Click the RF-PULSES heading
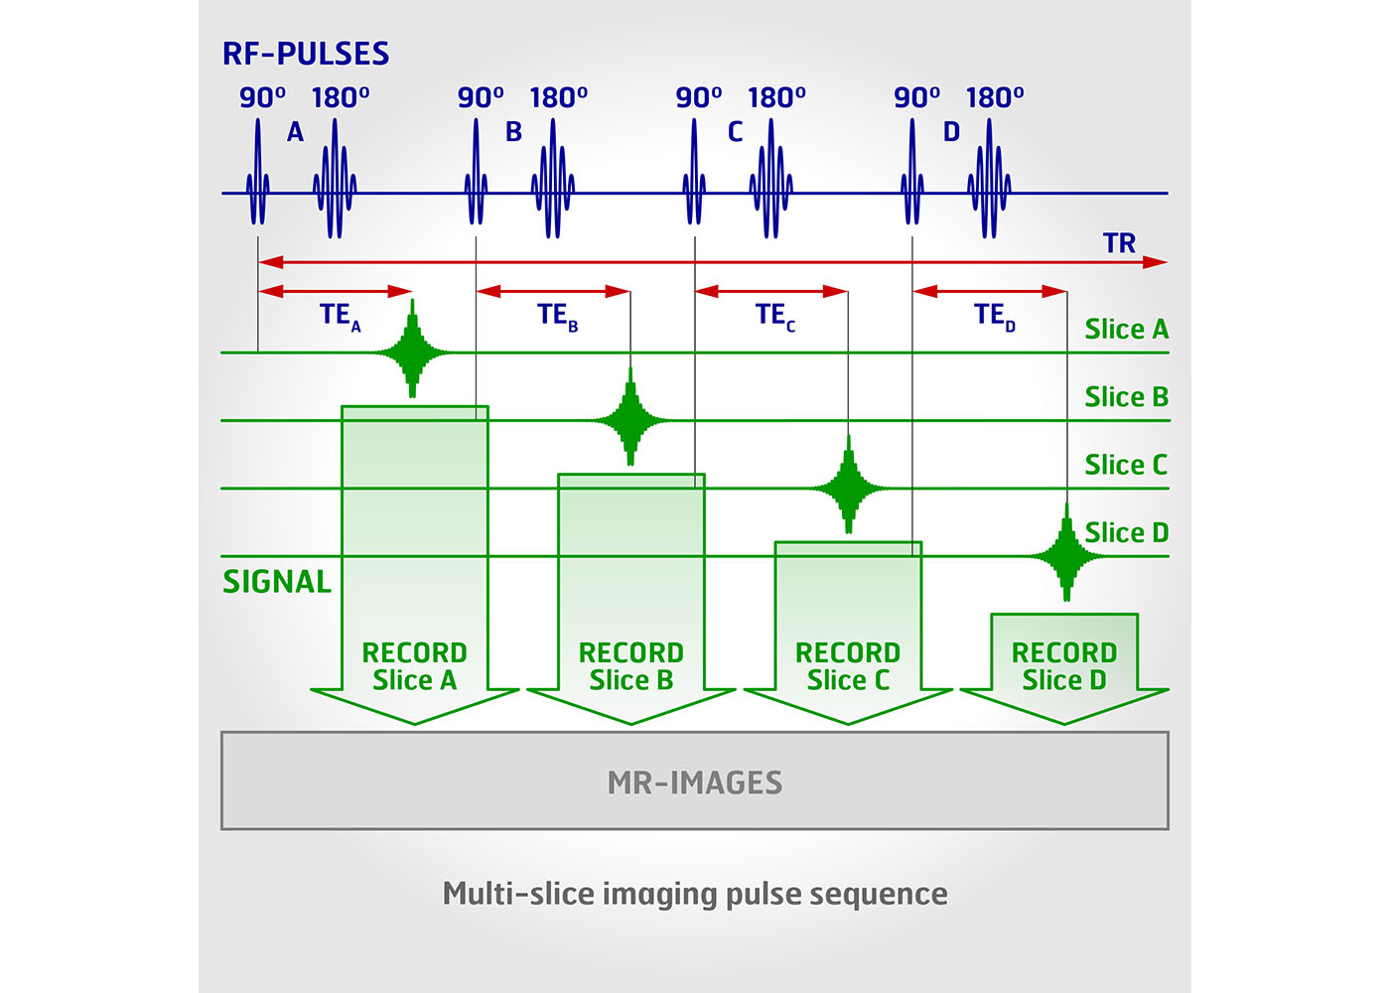coord(306,54)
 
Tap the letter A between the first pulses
coord(295,132)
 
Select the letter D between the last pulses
coord(951,132)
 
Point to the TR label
coord(1119,243)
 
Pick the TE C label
coord(774,316)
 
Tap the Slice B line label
coord(1126,397)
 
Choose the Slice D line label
coord(1126,533)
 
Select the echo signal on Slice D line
coord(1066,555)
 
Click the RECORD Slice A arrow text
coord(414,666)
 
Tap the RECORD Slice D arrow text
coord(1064,666)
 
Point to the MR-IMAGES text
coord(695,782)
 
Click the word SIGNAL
coord(277,582)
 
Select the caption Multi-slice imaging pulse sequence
coord(695,894)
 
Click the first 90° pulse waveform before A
coord(258,184)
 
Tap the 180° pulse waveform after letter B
coord(553,184)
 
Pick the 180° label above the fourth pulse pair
coord(995,98)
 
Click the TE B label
coord(557,316)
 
